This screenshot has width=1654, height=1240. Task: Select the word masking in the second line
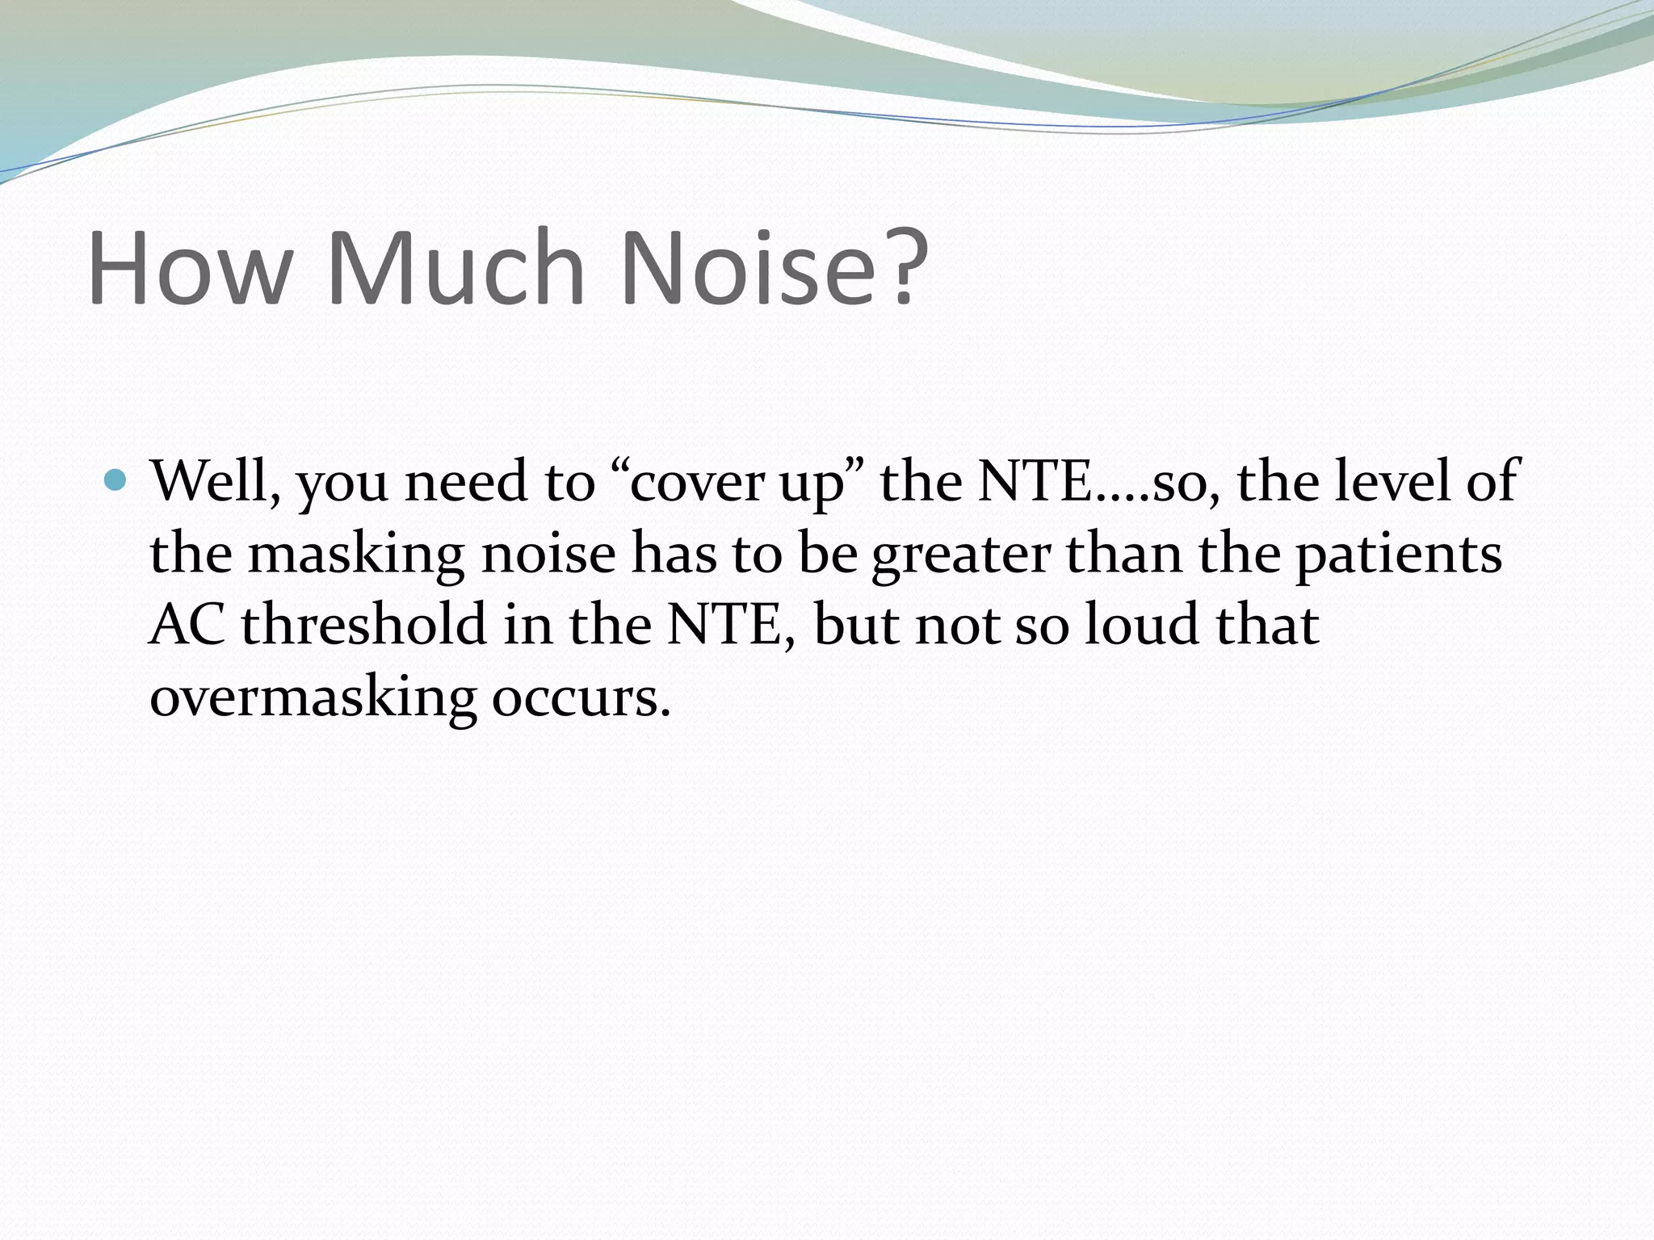point(355,555)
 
